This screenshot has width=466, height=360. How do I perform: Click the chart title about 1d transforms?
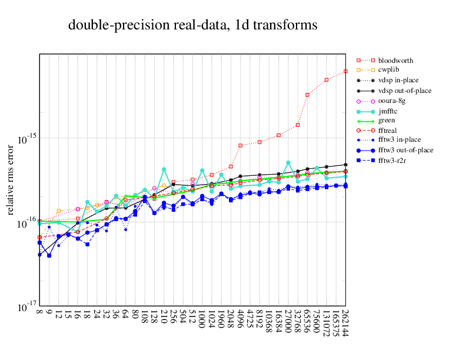point(193,25)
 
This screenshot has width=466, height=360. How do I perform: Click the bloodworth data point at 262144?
point(345,72)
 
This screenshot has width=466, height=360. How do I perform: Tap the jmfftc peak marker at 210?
point(164,169)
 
